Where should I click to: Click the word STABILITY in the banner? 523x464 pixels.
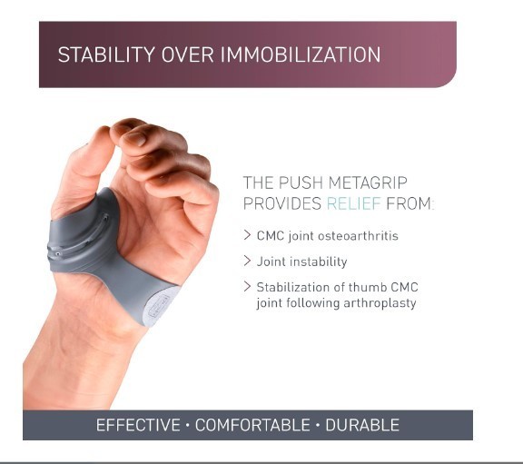click(106, 54)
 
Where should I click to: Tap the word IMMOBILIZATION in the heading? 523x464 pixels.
click(301, 54)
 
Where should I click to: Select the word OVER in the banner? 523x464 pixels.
click(187, 54)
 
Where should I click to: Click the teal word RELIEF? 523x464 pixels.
click(353, 203)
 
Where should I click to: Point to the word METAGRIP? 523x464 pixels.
click(368, 183)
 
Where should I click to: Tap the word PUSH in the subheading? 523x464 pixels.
click(301, 183)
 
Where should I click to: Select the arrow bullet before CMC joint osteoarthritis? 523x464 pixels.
click(247, 235)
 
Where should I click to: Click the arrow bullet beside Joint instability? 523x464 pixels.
click(247, 261)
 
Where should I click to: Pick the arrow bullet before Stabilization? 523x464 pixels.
click(247, 287)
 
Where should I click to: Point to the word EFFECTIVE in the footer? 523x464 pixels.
click(138, 425)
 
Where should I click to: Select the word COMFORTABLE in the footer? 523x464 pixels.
click(252, 425)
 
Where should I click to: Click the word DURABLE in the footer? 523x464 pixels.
click(362, 425)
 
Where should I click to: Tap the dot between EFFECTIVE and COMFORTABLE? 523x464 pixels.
click(187, 425)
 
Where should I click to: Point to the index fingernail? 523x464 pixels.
click(135, 138)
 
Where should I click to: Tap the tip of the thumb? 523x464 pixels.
click(104, 127)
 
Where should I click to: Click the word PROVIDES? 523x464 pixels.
click(282, 203)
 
